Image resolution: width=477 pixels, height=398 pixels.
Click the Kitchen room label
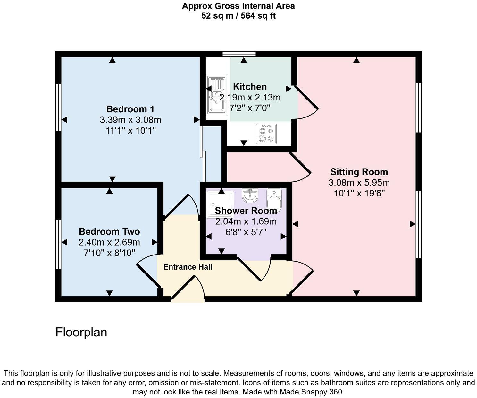(x=250, y=87)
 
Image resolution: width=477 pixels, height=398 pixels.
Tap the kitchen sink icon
(x=217, y=95)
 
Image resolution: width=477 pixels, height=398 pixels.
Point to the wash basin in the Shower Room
(x=250, y=195)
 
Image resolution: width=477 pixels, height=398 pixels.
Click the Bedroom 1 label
(x=130, y=109)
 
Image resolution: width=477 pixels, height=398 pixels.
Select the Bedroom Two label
(x=109, y=232)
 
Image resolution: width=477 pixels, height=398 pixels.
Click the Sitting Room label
(x=359, y=172)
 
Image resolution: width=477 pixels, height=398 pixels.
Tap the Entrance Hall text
(x=188, y=267)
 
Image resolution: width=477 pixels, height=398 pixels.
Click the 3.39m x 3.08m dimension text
(x=130, y=120)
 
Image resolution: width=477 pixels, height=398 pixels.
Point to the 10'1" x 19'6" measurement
(x=359, y=194)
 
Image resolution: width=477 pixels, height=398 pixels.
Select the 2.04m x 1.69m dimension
(x=246, y=221)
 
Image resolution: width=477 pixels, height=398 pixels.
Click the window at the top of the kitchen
(x=239, y=54)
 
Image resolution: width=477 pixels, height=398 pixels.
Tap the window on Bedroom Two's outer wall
(x=58, y=244)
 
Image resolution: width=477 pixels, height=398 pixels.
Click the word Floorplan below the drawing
(x=81, y=332)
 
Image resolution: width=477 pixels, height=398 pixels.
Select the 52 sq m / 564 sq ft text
(x=238, y=16)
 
